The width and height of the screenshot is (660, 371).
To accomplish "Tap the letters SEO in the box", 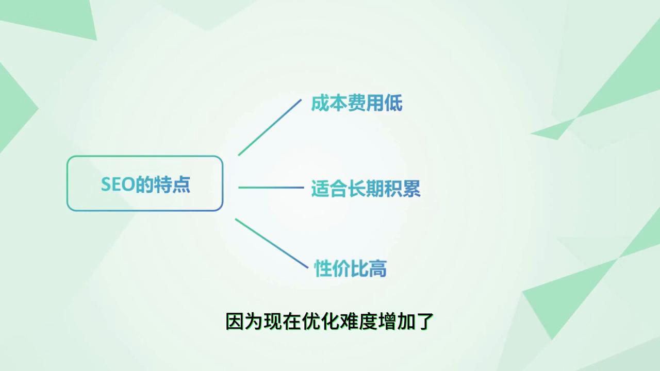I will [x=117, y=184].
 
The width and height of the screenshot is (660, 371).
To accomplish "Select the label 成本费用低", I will [x=356, y=103].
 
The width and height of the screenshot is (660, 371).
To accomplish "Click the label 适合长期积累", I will [x=366, y=189].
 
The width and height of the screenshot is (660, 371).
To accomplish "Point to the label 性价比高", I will [x=351, y=268].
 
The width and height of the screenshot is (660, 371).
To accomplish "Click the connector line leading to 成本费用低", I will [x=270, y=127].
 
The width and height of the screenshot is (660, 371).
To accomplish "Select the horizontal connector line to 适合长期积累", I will [x=271, y=188].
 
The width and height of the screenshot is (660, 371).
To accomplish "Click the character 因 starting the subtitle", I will [x=235, y=322].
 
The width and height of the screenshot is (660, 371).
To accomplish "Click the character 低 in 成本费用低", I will [x=393, y=103].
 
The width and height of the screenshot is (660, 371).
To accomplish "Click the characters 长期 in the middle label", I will [x=366, y=189].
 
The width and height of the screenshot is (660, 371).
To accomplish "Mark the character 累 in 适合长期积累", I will [x=411, y=189].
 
